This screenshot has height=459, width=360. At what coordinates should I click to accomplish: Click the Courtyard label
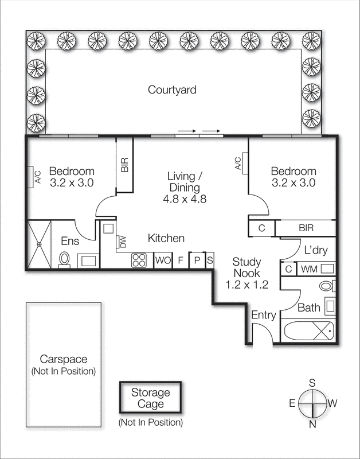[x=172, y=90]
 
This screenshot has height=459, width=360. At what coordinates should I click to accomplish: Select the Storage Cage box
[x=150, y=398]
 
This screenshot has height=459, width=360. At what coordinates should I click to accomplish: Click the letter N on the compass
[x=313, y=425]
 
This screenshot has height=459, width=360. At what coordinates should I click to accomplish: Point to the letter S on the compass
[x=313, y=383]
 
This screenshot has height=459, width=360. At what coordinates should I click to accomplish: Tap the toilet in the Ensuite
[x=64, y=259]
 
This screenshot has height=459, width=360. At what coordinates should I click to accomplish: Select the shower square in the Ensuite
[x=40, y=244]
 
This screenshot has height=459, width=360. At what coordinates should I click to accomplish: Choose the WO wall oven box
[x=163, y=260]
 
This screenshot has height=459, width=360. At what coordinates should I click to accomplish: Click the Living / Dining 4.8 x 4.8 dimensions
[x=185, y=200]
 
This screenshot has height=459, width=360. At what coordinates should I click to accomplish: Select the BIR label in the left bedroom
[x=125, y=165]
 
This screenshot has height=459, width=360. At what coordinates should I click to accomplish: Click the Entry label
[x=264, y=315]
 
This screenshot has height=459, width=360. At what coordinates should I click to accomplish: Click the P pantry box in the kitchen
[x=197, y=260]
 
